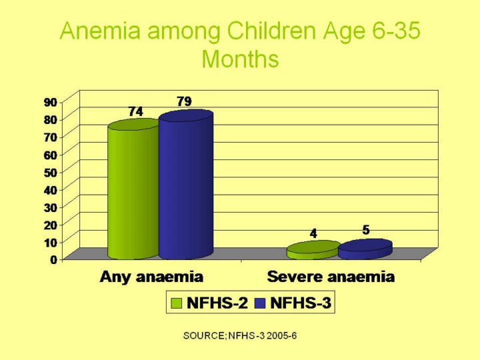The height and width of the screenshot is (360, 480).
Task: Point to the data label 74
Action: click(x=135, y=112)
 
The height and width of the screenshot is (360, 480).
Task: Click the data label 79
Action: click(x=185, y=101)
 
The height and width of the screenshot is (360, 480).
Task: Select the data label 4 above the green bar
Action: click(x=313, y=233)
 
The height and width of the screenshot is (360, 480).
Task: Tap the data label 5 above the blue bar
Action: click(x=366, y=229)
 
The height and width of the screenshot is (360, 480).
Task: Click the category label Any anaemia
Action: click(x=151, y=277)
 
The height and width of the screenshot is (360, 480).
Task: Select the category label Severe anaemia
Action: click(x=331, y=277)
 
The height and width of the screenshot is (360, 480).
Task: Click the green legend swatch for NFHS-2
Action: click(x=177, y=304)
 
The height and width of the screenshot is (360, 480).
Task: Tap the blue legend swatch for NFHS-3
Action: click(x=260, y=304)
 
